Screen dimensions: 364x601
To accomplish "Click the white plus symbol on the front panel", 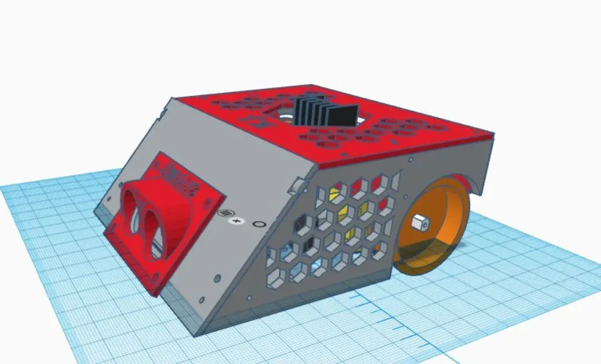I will tap(236, 221).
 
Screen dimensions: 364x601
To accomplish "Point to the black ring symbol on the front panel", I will tap(257, 224).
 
